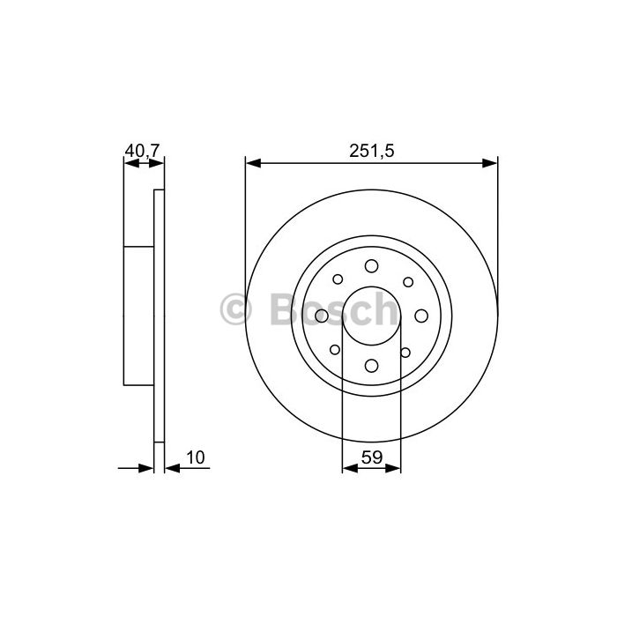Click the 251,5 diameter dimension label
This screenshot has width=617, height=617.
(371, 151)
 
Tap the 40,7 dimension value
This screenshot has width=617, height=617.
(142, 151)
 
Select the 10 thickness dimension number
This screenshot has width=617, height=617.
(196, 457)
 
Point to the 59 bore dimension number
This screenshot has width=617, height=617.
(372, 457)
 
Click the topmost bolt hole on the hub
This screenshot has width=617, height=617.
(371, 266)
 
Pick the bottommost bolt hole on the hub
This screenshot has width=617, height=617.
(371, 366)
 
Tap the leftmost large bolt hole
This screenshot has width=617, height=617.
(322, 316)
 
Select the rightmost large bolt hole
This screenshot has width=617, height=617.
(421, 316)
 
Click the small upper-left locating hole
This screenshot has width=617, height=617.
(338, 279)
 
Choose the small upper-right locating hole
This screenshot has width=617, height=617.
(408, 282)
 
